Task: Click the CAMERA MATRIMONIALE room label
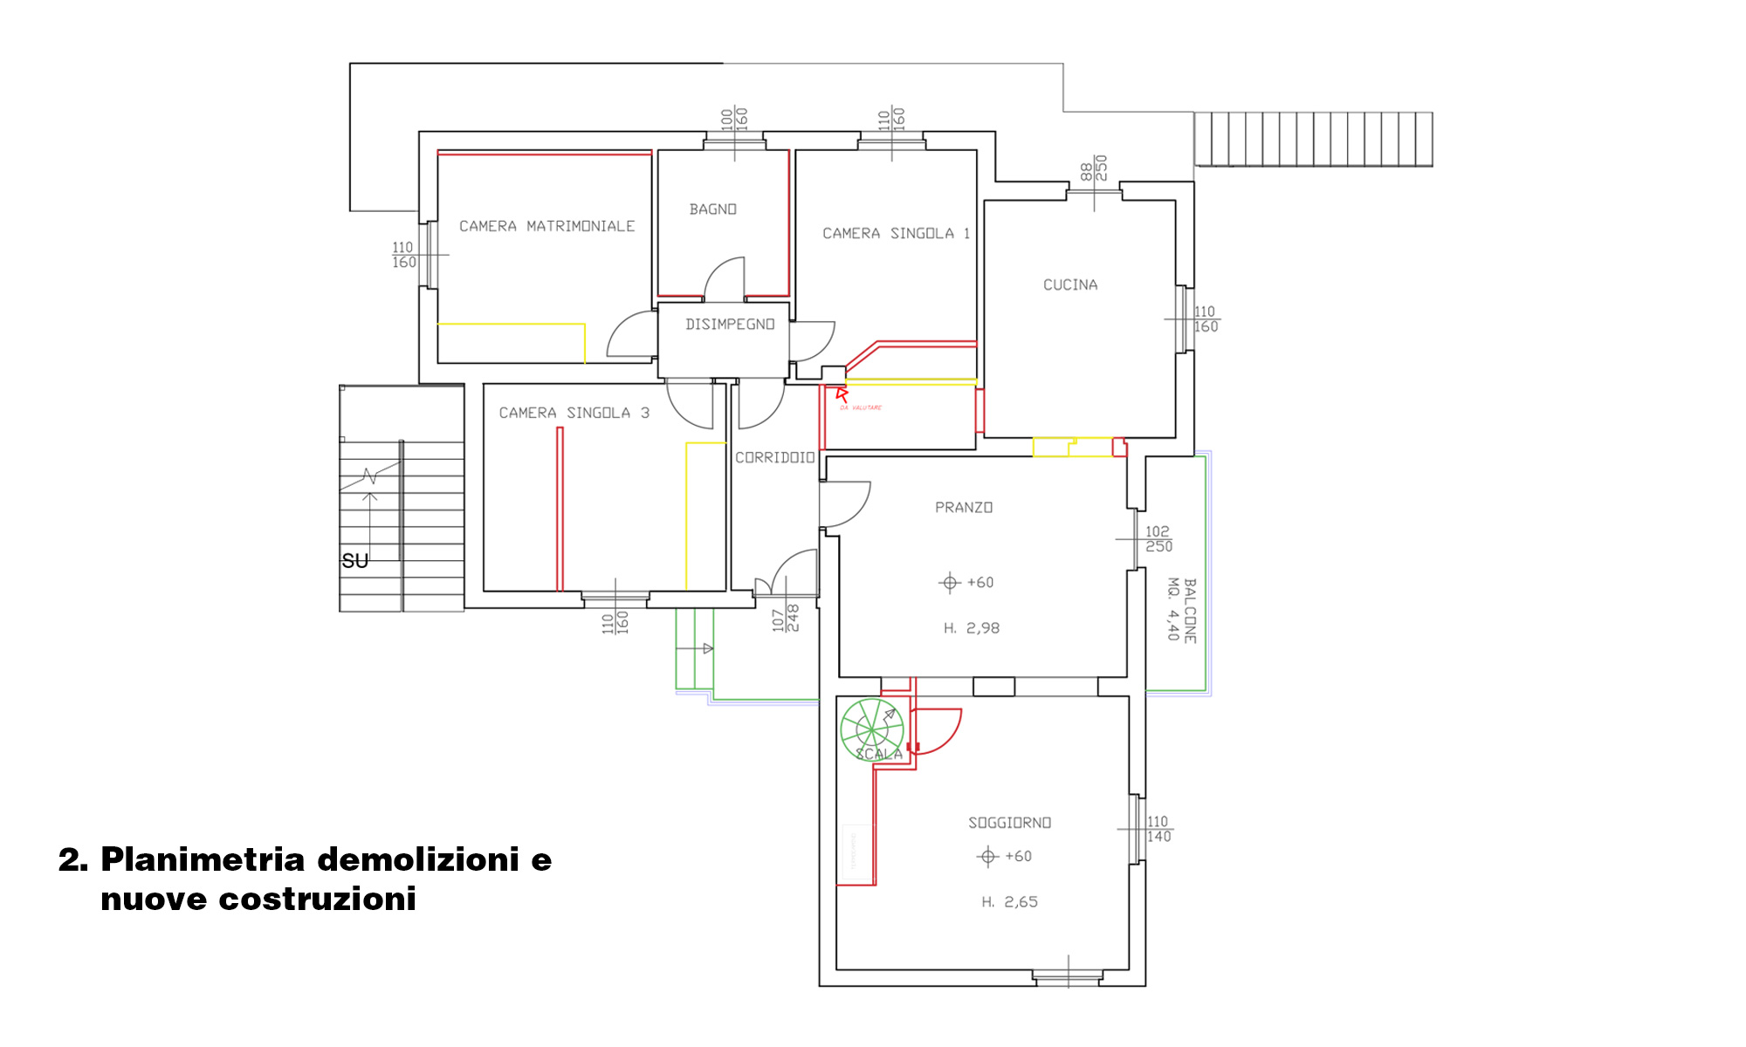click(x=546, y=226)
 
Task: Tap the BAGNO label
click(x=712, y=209)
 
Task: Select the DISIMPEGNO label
click(x=730, y=325)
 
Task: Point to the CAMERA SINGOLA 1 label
click(x=896, y=234)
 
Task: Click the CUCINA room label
click(x=1070, y=285)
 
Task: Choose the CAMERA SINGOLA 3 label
click(x=574, y=413)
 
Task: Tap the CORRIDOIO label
click(x=774, y=457)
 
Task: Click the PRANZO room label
click(x=964, y=508)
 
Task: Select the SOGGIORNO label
click(x=1009, y=823)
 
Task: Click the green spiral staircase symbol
click(x=871, y=729)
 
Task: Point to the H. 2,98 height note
click(x=971, y=628)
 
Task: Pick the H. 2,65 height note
click(x=1009, y=902)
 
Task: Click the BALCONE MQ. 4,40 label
click(x=1182, y=610)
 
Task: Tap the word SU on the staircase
click(x=354, y=561)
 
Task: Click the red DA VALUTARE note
click(x=861, y=407)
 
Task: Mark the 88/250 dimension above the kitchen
click(x=1093, y=168)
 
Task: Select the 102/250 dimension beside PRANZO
click(x=1158, y=539)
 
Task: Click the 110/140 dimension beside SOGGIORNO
click(x=1158, y=829)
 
